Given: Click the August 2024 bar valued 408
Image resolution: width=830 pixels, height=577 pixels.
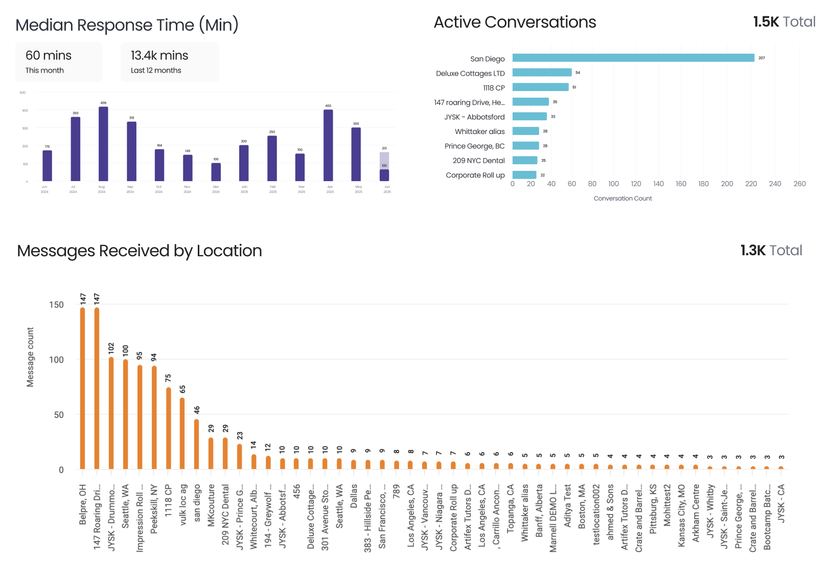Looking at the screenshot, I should tap(103, 144).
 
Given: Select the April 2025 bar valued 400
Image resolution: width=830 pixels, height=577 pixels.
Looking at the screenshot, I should tap(328, 145).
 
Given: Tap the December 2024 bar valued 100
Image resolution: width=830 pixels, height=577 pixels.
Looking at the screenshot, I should tap(216, 172).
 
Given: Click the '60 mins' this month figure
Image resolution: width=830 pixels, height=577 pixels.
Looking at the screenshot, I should tap(49, 55).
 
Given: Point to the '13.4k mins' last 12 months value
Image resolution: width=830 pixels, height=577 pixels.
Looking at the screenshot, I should tap(159, 55).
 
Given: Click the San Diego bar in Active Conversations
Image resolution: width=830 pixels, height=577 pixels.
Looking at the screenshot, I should tap(633, 58).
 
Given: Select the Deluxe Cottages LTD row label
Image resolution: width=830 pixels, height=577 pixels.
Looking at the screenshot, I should tap(470, 73).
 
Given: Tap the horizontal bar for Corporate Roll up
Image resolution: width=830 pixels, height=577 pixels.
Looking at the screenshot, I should tap(524, 175).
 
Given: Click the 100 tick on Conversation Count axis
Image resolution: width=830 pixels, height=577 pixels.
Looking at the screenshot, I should tap(613, 184).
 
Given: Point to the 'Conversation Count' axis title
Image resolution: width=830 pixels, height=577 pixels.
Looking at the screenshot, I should tap(622, 198).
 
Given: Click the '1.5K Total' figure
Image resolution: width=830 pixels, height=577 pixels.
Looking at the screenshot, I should tap(784, 22).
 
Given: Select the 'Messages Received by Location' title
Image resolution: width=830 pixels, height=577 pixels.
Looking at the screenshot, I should tap(140, 251).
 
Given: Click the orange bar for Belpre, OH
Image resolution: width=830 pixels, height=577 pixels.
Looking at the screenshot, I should tap(83, 389).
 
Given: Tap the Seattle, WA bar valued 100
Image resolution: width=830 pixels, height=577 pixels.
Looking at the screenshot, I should tap(125, 414).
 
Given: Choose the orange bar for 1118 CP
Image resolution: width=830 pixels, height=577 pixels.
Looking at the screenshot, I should tap(168, 428).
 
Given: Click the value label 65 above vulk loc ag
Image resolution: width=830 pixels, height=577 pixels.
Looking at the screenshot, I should tap(182, 389).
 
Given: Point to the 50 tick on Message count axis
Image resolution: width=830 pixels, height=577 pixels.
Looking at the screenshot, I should tap(59, 415).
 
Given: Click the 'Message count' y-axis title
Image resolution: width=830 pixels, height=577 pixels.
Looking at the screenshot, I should tap(30, 357).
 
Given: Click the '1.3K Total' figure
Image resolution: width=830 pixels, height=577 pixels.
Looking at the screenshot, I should tap(771, 251).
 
